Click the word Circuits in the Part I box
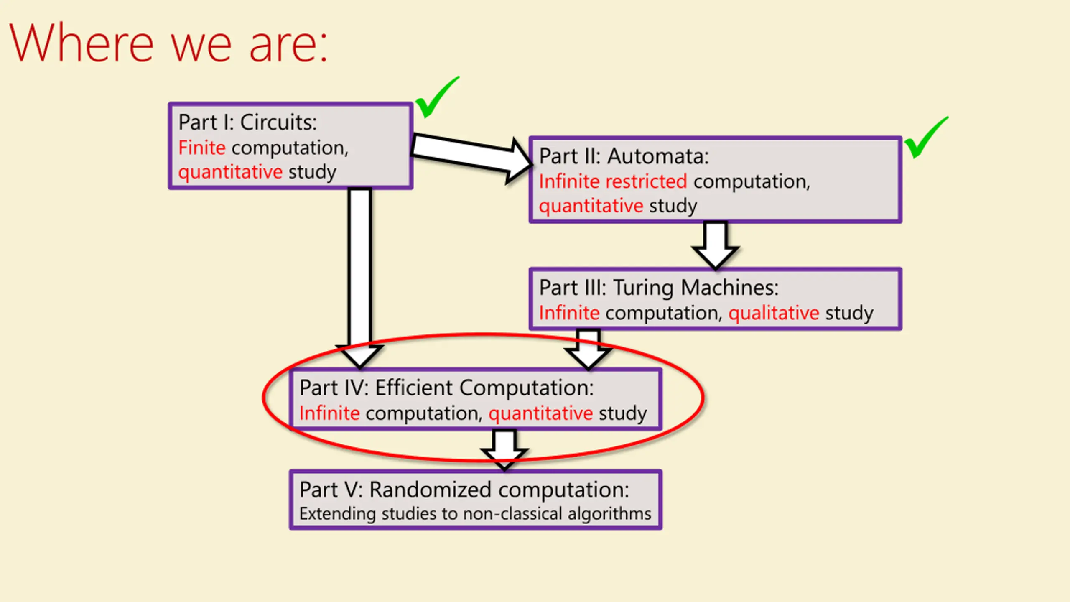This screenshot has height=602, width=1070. (278, 122)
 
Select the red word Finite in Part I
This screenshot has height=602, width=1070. (202, 148)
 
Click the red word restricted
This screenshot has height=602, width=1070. (646, 181)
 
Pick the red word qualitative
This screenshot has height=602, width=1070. (774, 313)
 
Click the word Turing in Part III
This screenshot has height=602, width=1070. (644, 288)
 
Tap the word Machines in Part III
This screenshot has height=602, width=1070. (730, 288)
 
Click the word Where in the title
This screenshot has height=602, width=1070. (82, 43)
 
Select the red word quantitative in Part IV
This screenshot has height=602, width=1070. (540, 413)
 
